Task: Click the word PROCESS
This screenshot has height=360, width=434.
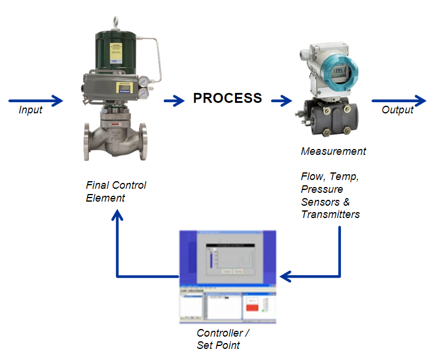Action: coord(228,98)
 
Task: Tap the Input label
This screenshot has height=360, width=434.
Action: coord(30,110)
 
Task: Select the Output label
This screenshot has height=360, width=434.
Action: coord(397,110)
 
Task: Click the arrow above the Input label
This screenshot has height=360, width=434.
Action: coord(40,101)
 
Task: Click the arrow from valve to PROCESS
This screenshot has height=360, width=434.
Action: coord(174,101)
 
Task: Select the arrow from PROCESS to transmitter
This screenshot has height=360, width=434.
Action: coord(281,101)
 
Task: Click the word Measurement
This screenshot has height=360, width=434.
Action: coord(333,151)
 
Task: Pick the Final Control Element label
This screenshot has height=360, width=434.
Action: coord(116,191)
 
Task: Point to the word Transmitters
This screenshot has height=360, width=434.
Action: coord(330,214)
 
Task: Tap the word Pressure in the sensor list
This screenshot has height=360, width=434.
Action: coord(322,189)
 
